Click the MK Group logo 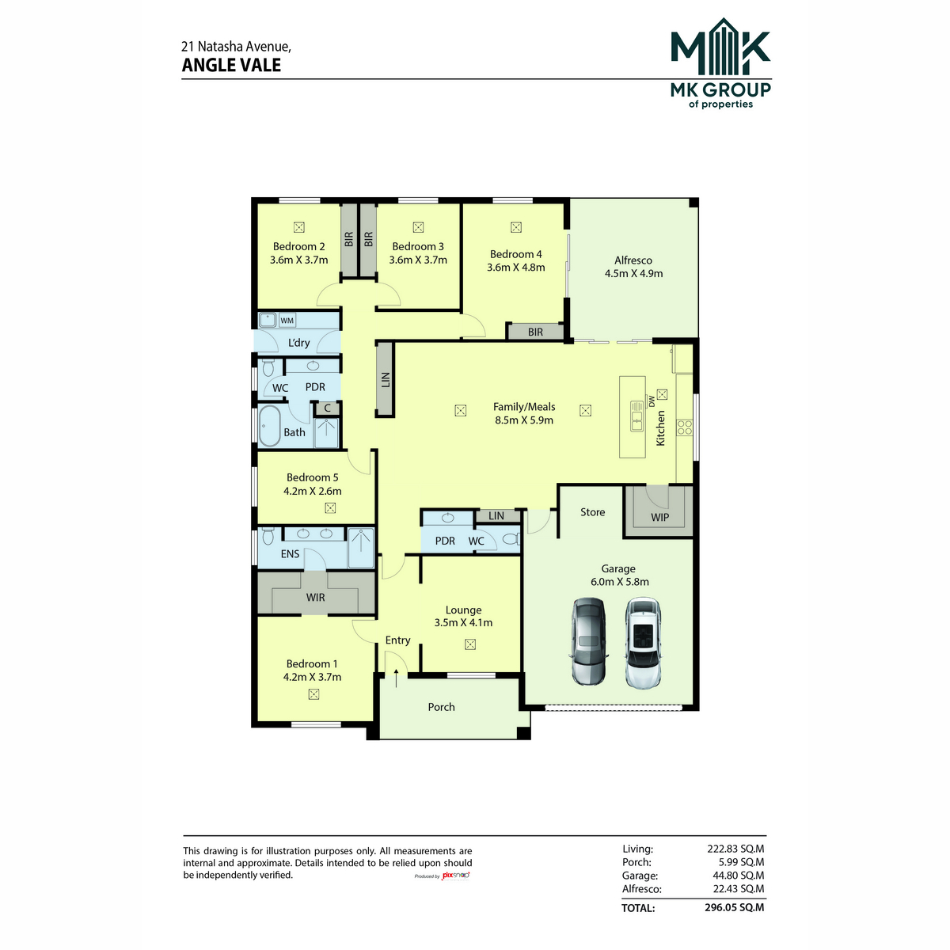(720, 63)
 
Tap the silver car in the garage (589, 641)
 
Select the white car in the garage (643, 642)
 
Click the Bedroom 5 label (312, 477)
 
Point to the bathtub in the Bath (269, 427)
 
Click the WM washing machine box (287, 321)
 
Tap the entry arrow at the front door (397, 678)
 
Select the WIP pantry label (659, 517)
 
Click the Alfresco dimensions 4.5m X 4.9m (633, 273)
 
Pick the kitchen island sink (636, 416)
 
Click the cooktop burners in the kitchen (685, 427)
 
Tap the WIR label (316, 598)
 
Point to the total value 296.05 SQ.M (734, 907)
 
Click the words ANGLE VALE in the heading (231, 65)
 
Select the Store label (592, 512)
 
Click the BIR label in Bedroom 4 (535, 332)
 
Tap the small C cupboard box (327, 408)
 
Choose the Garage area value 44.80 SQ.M (738, 876)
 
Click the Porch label (441, 707)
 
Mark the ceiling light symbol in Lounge (469, 644)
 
